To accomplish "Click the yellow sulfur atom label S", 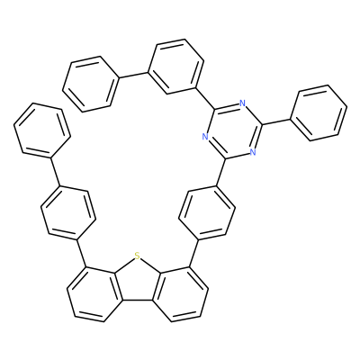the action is pyautogui.click(x=137, y=256).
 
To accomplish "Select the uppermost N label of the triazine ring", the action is pyautogui.click(x=242, y=104).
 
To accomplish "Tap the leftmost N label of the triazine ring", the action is pyautogui.click(x=205, y=137).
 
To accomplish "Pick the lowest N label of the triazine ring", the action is pyautogui.click(x=253, y=152).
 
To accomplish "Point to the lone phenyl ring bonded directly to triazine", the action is pyautogui.click(x=319, y=112).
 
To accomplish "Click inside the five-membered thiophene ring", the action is pyautogui.click(x=137, y=282).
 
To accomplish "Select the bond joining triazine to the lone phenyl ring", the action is pyautogui.click(x=276, y=121).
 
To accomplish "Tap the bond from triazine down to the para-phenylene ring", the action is pyautogui.click(x=221, y=172).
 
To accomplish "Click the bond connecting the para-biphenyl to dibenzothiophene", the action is pyautogui.click(x=82, y=253).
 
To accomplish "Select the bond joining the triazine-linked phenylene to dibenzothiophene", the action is pyautogui.click(x=193, y=253).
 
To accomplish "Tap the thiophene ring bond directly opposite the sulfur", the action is pyautogui.click(x=137, y=300).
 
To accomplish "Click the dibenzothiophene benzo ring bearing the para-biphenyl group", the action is pyautogui.click(x=94, y=294).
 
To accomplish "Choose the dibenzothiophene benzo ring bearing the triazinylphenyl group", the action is pyautogui.click(x=181, y=294).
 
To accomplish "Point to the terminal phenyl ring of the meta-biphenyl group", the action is pyautogui.click(x=91, y=84).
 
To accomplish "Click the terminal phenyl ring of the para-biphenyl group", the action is pyautogui.click(x=42, y=130).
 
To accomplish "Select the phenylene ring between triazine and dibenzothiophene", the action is pyautogui.click(x=207, y=212).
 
